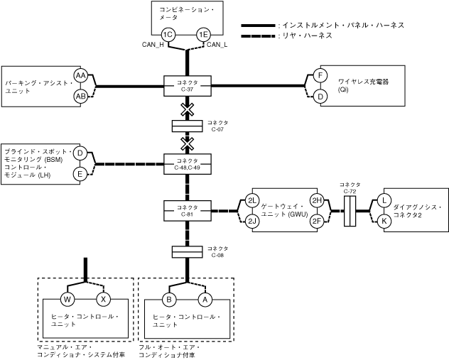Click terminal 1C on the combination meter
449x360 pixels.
click(168, 35)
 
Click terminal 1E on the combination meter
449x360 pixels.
click(204, 35)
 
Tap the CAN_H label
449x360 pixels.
click(153, 46)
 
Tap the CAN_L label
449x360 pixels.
click(217, 46)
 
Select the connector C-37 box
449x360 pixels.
click(187, 87)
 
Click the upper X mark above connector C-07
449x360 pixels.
click(187, 109)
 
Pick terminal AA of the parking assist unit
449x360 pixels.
click(81, 76)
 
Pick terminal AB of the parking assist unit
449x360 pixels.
click(81, 96)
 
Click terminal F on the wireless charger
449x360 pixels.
click(320, 76)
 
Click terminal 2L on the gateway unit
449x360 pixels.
click(251, 201)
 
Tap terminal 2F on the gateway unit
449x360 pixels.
click(317, 222)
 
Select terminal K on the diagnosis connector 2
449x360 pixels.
click(384, 222)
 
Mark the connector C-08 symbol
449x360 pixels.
click(187, 251)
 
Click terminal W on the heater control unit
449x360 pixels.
click(69, 299)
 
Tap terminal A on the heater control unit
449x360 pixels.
click(206, 299)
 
